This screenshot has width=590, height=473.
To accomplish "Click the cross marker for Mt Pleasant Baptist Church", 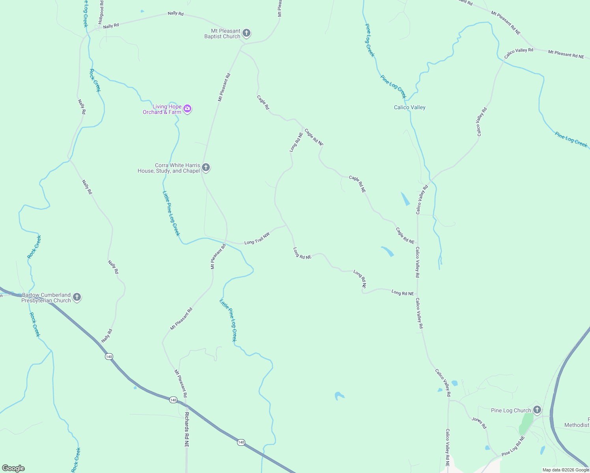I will click(246, 33).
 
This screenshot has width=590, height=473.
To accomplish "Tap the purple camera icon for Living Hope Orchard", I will click(188, 109).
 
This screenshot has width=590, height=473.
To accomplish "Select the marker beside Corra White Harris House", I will click(206, 168).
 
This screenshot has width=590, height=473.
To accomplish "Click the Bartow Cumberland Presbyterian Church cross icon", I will click(77, 297).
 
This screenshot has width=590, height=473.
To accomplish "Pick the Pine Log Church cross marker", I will click(537, 410).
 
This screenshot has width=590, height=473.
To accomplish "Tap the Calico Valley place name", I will click(409, 107).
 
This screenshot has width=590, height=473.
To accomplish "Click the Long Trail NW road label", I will click(257, 238).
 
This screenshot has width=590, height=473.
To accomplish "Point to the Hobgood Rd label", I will click(101, 13).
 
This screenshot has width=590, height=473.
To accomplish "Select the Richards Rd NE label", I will click(187, 429).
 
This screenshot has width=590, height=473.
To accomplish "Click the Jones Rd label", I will click(479, 423).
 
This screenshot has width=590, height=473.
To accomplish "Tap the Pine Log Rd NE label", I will click(513, 446).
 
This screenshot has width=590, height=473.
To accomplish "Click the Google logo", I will click(13, 468).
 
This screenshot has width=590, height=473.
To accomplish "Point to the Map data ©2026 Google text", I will click(566, 470).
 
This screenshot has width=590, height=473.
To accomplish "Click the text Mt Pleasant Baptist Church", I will click(222, 34).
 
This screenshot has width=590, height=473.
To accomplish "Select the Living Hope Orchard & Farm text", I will click(162, 109).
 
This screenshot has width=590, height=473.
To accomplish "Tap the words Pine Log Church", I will click(511, 410).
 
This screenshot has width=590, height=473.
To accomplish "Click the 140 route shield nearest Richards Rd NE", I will click(173, 400).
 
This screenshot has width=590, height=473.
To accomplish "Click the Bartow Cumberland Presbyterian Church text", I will click(46, 298).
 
